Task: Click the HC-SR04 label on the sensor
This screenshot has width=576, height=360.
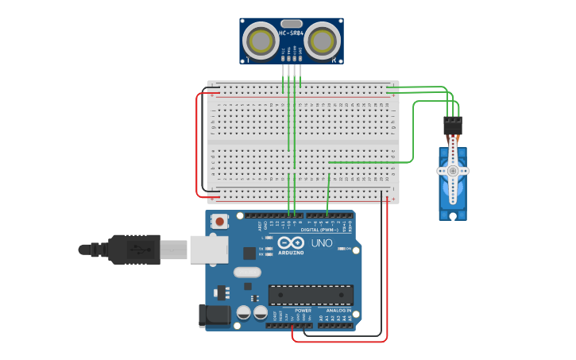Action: click(292, 33)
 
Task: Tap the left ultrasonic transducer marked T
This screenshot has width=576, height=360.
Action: click(260, 38)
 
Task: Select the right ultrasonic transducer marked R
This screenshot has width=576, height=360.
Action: click(323, 39)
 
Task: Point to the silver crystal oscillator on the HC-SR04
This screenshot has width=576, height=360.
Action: click(292, 23)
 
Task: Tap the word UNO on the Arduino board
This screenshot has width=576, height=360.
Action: click(322, 243)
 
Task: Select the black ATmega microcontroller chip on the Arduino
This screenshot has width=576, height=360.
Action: click(311, 295)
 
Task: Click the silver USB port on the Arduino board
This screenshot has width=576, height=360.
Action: click(208, 249)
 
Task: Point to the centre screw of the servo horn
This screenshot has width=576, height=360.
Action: click(453, 170)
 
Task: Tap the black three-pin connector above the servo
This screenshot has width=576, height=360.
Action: click(453, 126)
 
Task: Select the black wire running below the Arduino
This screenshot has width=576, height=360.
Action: click(342, 335)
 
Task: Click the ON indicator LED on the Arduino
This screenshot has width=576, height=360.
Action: click(339, 249)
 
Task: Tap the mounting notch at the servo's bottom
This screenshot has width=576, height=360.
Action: click(453, 215)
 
